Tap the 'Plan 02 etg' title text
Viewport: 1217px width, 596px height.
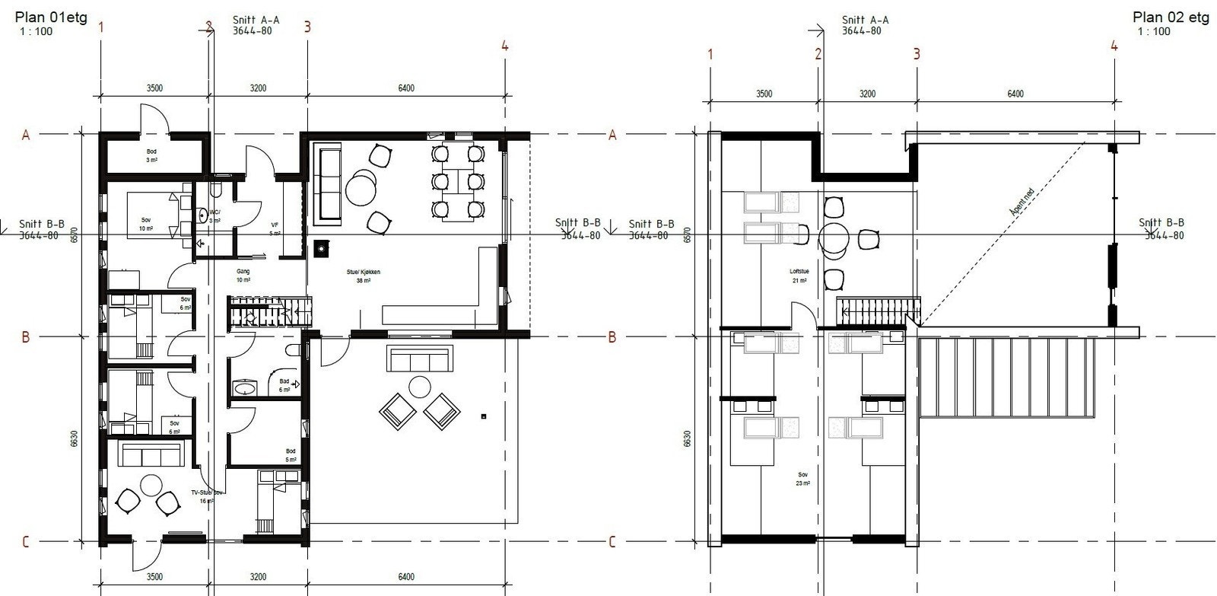(1170, 18)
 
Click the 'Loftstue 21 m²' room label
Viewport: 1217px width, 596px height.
(798, 276)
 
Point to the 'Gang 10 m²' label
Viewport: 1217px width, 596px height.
(243, 275)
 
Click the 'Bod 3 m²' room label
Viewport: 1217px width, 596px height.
(152, 156)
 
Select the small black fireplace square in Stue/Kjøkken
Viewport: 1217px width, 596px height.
(322, 246)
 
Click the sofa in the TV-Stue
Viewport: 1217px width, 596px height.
(151, 456)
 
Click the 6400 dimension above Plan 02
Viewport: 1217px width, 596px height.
(1015, 94)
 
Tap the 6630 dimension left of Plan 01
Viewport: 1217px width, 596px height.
(75, 439)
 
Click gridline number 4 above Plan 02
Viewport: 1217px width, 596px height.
(1114, 46)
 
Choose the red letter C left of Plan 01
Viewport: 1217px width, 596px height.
(25, 542)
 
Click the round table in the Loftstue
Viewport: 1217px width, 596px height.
(834, 238)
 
